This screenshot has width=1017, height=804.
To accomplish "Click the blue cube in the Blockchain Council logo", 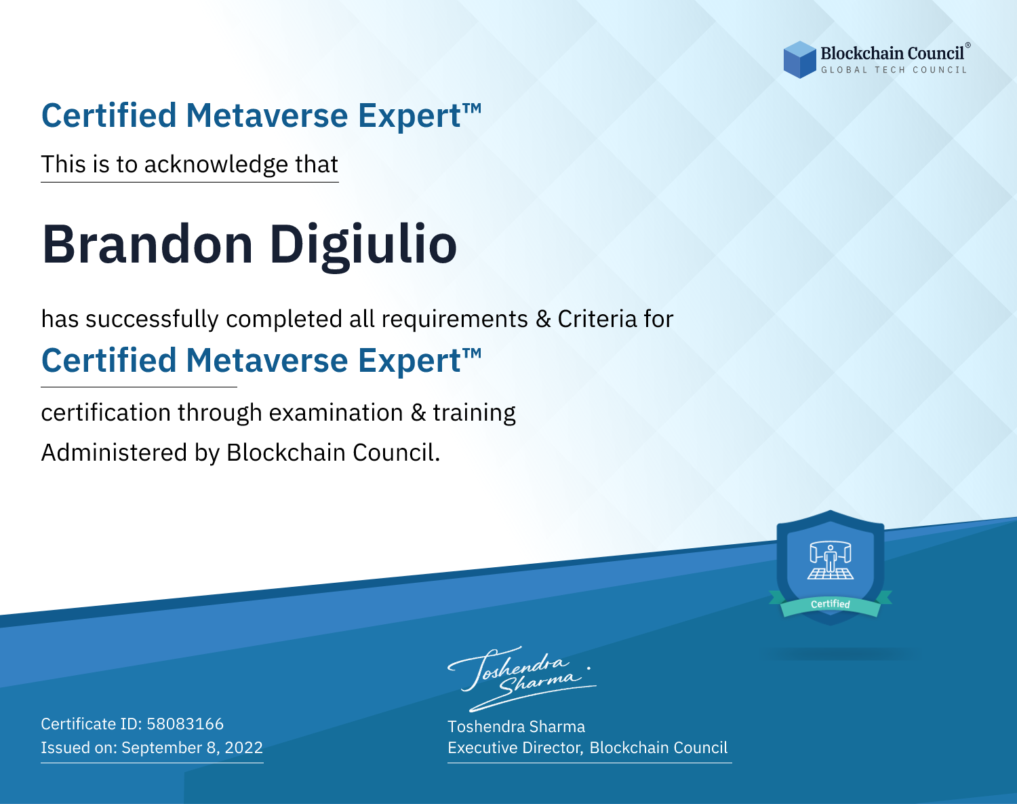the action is pos(799,60).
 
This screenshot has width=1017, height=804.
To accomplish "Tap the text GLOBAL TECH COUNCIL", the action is pos(894,70).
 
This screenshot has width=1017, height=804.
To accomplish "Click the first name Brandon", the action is pos(147,244).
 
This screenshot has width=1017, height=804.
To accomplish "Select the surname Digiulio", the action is pos(363,246).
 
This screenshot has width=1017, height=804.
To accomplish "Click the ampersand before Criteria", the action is pos(543,320).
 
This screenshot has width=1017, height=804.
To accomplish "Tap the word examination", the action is pos(336,413).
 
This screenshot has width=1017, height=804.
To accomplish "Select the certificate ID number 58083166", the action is pos(185,723).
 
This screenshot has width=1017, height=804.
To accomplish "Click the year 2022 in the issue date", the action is pos(243,747).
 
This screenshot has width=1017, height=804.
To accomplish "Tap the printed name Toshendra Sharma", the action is pos(516,727).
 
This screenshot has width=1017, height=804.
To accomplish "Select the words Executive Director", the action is pos(514,748).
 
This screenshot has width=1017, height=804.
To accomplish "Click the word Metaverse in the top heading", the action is pos(267,115).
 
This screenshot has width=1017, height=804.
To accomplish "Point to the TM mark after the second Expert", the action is pos(472,353).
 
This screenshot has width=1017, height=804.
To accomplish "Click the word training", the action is pos(474,413).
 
